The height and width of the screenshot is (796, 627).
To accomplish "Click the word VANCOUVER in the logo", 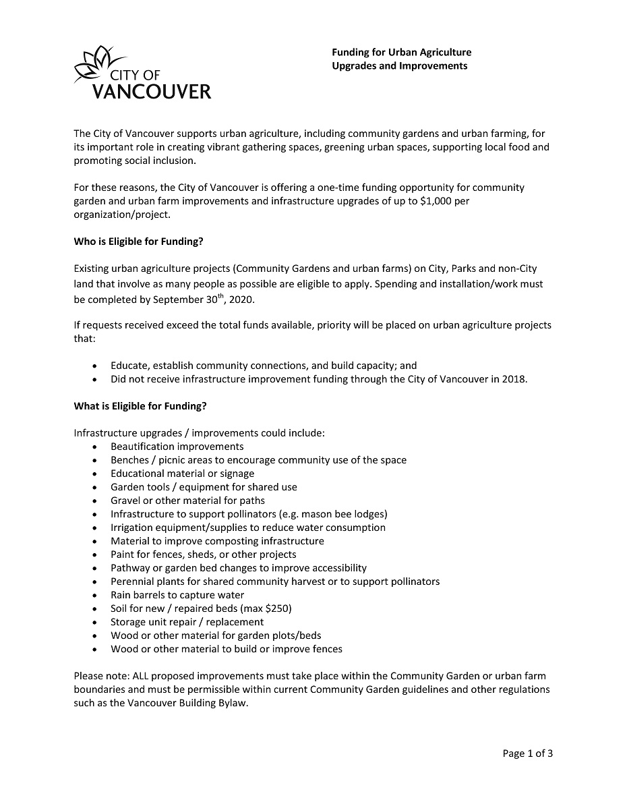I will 151,91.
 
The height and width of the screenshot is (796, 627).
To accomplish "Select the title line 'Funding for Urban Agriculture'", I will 401,52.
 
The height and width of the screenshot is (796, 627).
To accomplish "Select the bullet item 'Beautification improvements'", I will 177,447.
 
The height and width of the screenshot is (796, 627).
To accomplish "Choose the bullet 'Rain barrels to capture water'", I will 177,595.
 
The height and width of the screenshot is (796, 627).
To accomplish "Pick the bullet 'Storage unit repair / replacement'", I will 187,622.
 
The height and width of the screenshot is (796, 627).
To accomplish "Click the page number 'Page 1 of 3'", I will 527,754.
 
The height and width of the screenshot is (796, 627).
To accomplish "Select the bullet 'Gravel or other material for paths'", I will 187,501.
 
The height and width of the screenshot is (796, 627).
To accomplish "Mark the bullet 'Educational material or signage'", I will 182,474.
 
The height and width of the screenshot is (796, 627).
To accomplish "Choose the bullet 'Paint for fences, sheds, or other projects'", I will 203,555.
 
